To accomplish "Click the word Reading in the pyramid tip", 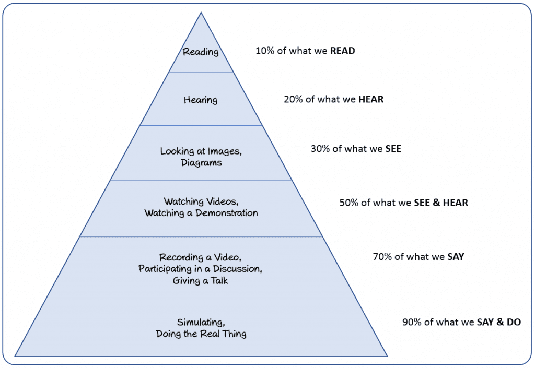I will [201, 52].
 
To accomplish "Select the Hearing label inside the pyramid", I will [201, 100].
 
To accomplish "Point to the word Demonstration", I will [227, 213].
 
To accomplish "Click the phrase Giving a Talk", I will [200, 281].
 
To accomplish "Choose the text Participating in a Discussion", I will [200, 269].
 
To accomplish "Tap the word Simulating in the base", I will [201, 322].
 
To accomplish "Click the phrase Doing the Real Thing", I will [201, 334].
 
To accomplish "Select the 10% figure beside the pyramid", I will [265, 51].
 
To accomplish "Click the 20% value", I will [294, 99].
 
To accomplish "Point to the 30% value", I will [320, 149].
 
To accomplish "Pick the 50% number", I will [349, 203].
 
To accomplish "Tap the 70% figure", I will [382, 257].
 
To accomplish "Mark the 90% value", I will [412, 322].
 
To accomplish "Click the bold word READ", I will [342, 51].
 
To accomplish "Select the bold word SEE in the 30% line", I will [393, 149].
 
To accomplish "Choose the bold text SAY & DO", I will [499, 322].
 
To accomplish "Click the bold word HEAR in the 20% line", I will [371, 99].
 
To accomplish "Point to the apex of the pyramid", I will [201, 13].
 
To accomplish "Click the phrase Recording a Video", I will [200, 257].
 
